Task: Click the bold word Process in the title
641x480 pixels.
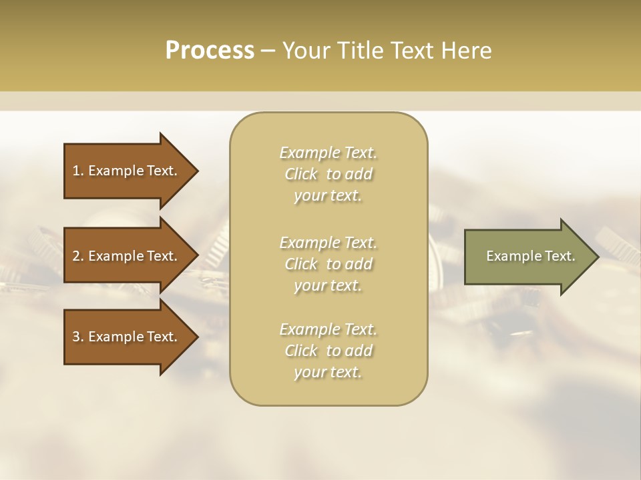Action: [x=210, y=51]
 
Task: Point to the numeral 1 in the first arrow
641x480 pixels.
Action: [x=76, y=171]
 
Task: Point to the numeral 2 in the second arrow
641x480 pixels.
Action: [x=76, y=256]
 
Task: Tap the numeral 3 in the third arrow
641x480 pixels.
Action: [x=76, y=337]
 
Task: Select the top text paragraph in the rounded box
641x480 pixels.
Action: [x=329, y=174]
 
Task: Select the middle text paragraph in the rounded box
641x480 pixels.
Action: [x=329, y=264]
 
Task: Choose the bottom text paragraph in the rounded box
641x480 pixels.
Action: [x=329, y=351]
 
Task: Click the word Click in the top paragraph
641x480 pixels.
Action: [x=301, y=174]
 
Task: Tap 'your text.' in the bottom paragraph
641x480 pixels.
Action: [x=328, y=372]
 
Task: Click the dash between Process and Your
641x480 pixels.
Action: [x=268, y=51]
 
